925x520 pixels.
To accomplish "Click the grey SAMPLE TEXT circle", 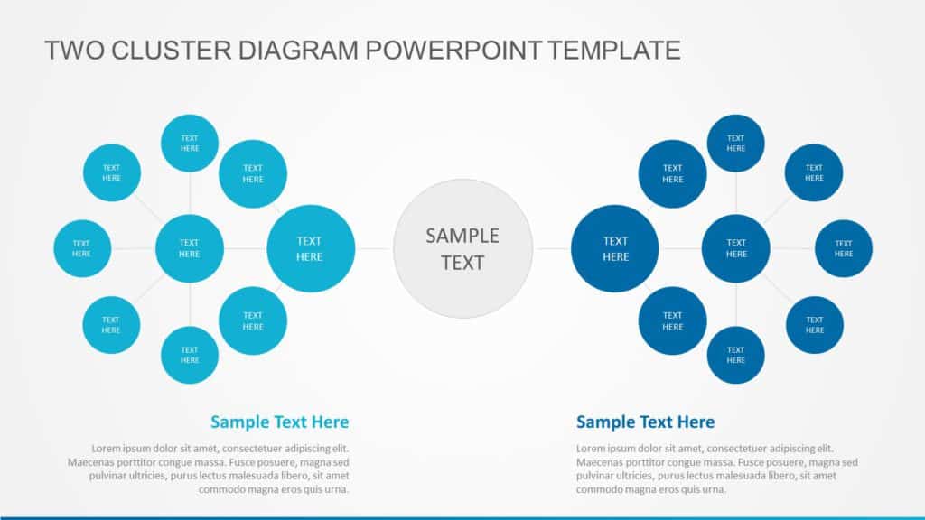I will click(x=462, y=248).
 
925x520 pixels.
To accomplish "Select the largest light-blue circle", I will click(x=310, y=248).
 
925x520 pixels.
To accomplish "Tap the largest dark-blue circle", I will click(x=615, y=248).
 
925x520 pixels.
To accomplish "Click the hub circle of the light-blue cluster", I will click(x=190, y=248).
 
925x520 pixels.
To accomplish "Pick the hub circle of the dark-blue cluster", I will click(x=736, y=248).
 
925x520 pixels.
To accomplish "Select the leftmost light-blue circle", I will click(x=82, y=248).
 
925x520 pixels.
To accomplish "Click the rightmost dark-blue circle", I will click(x=844, y=248).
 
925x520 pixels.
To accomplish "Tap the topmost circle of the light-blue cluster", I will click(x=190, y=143).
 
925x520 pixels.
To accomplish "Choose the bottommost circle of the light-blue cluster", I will click(x=190, y=355).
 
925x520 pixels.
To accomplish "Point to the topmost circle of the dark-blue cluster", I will click(x=736, y=143).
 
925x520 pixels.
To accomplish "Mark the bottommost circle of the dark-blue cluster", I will click(x=736, y=355).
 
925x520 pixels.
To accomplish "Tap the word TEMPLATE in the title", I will click(x=613, y=51).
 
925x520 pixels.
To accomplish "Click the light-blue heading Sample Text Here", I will click(x=279, y=422).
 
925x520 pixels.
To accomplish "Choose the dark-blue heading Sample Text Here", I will click(x=645, y=422).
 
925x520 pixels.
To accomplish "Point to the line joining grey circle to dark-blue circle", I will click(x=553, y=248).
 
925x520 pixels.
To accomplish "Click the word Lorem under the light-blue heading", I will click(x=106, y=449).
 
